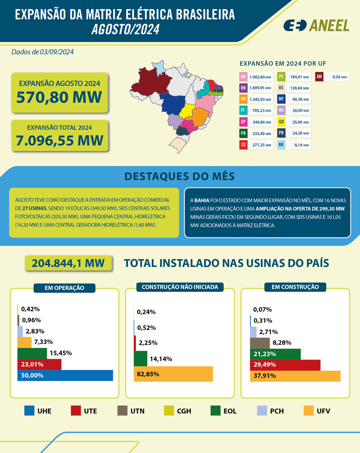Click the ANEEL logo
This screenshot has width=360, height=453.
coord(316,25)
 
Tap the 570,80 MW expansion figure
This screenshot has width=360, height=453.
coord(59,97)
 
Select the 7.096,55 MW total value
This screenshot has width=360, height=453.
coord(60,140)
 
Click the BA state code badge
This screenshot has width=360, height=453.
coord(243,77)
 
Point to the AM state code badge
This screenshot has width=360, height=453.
coord(319,77)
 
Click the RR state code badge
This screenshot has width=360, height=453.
coord(281,145)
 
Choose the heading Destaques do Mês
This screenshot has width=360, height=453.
coord(179,176)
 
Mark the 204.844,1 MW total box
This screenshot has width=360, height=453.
coord(68,263)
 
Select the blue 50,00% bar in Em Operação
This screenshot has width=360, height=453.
coord(65,375)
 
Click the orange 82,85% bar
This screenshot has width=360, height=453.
coord(173,374)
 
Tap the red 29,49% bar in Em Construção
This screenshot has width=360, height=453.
coord(285,365)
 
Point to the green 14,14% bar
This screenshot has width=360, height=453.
coord(141,358)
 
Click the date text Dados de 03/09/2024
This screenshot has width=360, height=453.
coord(43,52)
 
